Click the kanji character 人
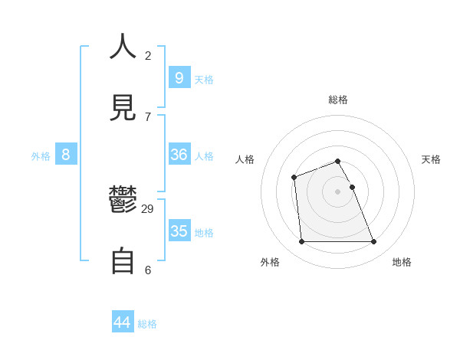[x=123, y=47]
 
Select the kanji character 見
[x=123, y=106]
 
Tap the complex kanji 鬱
[x=123, y=200]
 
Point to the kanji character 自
[x=123, y=261]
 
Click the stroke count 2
[x=148, y=55]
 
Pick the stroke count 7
[x=148, y=116]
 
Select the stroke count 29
[x=148, y=208]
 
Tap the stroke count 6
[x=148, y=270]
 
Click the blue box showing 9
[x=179, y=77]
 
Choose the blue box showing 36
[x=179, y=155]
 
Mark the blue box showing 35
[x=179, y=231]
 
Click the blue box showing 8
[x=66, y=155]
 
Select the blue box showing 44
[x=123, y=322]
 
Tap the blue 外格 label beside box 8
[x=41, y=156]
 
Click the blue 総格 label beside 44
[x=147, y=324]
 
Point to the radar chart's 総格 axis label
[x=338, y=100]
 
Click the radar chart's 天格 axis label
[x=431, y=159]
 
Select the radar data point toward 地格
[x=373, y=242]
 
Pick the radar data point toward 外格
[x=301, y=242]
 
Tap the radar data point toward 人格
[x=294, y=178]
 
